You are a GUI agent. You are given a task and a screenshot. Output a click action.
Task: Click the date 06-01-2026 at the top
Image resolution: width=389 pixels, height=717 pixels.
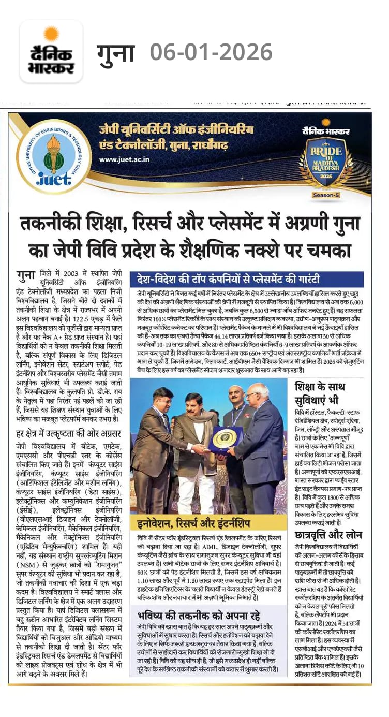[211, 52]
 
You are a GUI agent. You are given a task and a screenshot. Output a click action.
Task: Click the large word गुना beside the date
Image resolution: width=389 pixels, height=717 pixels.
[115, 52]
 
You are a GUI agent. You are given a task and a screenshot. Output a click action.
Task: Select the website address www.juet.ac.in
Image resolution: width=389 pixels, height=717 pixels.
[124, 159]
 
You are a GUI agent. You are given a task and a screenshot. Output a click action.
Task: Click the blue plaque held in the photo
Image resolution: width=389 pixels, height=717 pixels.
[225, 440]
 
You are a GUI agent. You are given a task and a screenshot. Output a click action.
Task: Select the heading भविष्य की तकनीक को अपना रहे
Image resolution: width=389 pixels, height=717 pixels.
[199, 616]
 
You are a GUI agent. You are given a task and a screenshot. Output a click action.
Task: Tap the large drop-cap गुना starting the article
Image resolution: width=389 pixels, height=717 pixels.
[25, 275]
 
